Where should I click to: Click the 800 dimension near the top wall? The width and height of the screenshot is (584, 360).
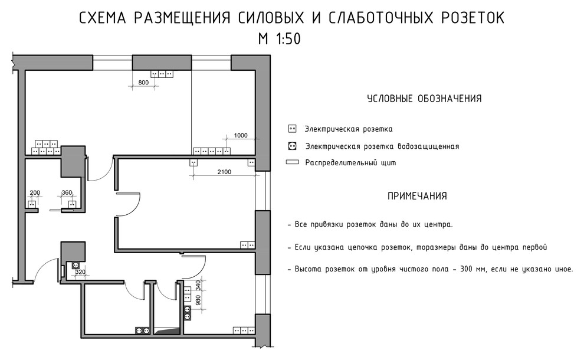143,83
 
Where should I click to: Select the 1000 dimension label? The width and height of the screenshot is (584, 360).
241,136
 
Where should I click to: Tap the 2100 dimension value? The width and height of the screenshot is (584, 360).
224,172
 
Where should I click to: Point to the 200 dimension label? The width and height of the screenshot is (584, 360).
35,193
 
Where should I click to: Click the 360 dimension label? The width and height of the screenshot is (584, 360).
66,193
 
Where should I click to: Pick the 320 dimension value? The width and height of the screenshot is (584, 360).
80,273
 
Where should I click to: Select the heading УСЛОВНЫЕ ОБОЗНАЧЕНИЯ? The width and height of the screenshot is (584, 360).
424,99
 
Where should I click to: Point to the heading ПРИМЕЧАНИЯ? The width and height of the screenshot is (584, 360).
416,196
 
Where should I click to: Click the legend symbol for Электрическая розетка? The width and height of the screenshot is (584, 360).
291,129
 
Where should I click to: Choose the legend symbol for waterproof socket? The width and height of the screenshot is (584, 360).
291,146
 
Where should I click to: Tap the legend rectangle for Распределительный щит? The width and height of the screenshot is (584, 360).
291,162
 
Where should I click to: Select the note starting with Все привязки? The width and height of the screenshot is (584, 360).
370,225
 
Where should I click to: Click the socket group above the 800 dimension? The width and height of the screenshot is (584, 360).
162,74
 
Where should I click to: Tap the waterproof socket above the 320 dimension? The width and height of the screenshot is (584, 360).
75,266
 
